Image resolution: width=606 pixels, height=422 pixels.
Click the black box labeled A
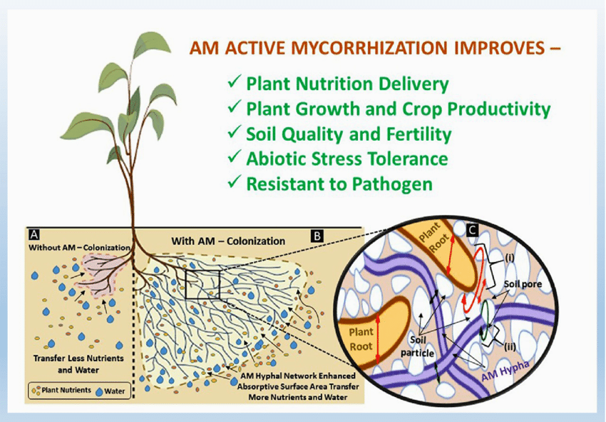(34, 235)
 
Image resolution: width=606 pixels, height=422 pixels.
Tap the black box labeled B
(317, 236)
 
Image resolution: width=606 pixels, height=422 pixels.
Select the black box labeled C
(472, 231)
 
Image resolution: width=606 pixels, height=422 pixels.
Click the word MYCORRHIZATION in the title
(369, 48)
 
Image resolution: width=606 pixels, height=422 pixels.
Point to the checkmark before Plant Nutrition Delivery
(235, 81)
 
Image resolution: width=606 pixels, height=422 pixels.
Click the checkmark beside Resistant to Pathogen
(235, 181)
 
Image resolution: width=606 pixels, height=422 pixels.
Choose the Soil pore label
(523, 284)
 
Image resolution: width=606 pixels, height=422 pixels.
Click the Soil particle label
(417, 346)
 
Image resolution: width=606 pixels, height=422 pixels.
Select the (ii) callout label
(510, 346)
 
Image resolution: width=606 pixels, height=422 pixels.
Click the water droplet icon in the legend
(99, 392)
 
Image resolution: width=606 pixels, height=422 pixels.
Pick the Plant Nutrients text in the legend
(66, 391)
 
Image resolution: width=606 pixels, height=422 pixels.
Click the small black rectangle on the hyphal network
(202, 285)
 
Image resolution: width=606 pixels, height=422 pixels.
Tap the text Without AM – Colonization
(79, 247)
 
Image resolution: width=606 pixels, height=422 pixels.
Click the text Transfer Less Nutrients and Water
(78, 364)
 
